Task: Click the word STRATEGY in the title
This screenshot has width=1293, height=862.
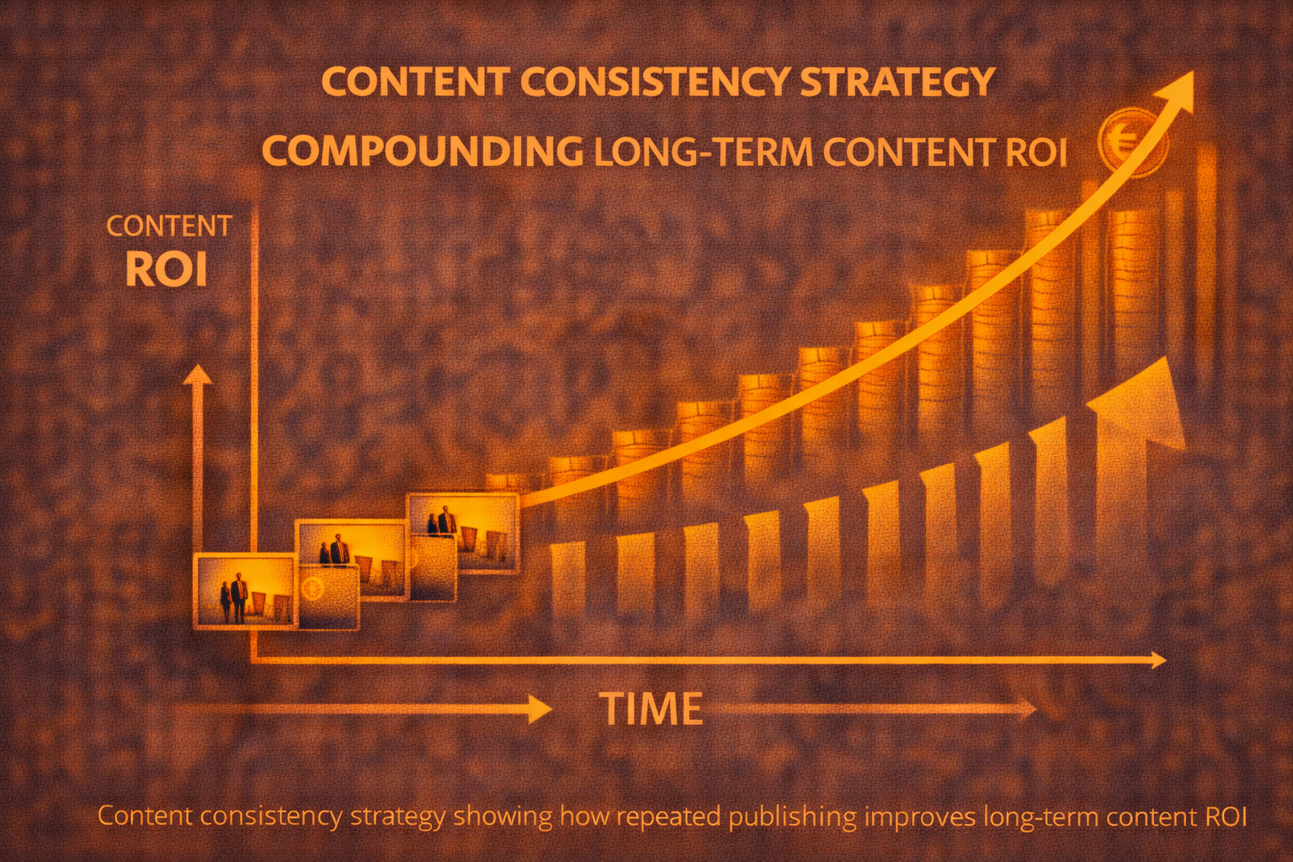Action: [x=897, y=82]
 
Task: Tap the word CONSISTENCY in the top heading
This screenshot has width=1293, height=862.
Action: [x=655, y=82]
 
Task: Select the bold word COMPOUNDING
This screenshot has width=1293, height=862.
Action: [x=423, y=152]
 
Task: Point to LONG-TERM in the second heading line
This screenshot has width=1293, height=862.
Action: [x=704, y=152]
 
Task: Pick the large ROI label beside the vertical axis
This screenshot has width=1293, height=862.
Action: [x=166, y=269]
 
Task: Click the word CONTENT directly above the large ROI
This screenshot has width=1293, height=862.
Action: [x=169, y=226]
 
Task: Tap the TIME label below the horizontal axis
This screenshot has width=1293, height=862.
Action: [x=652, y=709]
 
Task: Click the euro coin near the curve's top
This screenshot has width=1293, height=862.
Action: [x=1132, y=142]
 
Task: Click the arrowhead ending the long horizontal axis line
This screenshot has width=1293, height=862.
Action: [x=1157, y=660]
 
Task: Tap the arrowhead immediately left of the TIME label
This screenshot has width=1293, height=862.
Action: [x=539, y=709]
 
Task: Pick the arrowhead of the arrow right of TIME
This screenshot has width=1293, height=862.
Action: [x=1027, y=709]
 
